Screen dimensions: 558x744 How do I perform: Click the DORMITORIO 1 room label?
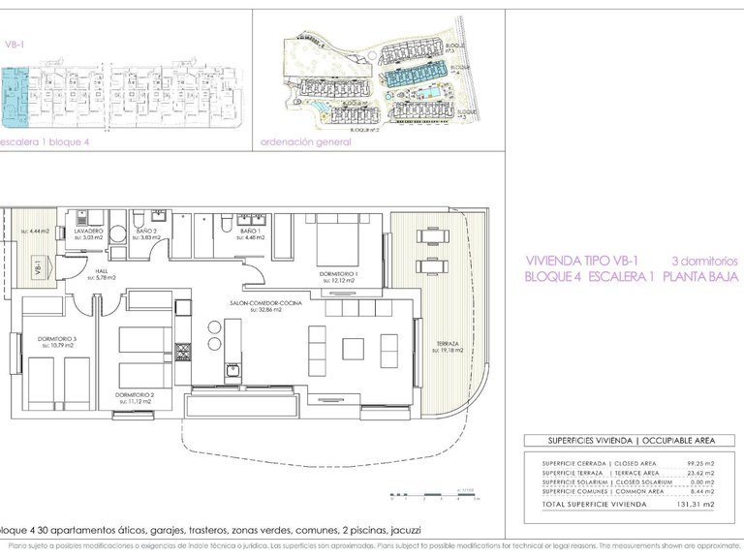pos(339,274)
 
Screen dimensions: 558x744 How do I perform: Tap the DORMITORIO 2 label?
pos(135,395)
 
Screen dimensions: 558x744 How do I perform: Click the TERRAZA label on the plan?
pos(448,344)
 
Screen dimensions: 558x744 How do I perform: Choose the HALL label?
pos(101,272)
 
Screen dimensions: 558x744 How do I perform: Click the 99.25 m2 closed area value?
pos(696,463)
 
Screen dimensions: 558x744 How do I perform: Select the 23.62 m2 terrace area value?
pos(696,473)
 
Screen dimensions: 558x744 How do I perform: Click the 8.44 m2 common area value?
pos(697,492)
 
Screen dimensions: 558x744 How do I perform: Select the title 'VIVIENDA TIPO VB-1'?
pos(581,261)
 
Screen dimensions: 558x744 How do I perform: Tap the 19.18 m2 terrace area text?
pos(448,351)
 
